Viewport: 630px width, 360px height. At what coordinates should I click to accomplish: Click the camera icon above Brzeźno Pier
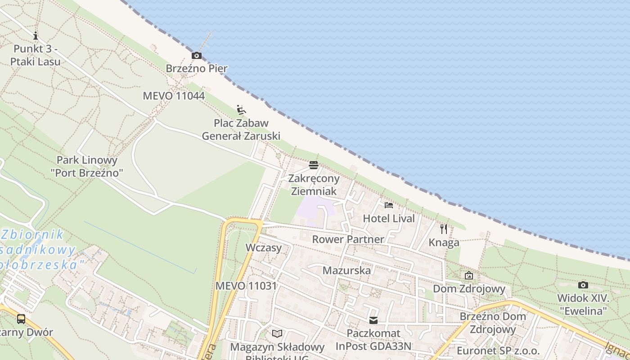point(197,56)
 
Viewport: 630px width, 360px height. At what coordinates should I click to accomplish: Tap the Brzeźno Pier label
point(197,69)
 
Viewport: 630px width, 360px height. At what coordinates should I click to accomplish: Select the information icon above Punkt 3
point(36,36)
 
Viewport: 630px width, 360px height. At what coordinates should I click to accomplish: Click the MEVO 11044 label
point(174,96)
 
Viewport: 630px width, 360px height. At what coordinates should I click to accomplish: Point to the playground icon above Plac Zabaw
point(241,109)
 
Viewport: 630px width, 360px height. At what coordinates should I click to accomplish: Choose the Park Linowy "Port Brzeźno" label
point(87,166)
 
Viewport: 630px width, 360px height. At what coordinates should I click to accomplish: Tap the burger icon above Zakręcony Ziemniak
point(314,165)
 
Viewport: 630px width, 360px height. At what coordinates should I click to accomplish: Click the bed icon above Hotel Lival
point(389,205)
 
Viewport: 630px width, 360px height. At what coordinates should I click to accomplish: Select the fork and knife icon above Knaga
point(444,229)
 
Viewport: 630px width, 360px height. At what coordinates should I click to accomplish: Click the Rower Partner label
point(348,239)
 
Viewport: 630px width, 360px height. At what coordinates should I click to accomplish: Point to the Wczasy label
point(264,247)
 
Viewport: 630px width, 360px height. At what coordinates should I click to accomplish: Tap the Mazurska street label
point(346,270)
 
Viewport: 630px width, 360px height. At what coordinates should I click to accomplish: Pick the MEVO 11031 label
point(246,286)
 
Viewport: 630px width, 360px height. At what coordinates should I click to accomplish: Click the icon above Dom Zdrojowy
point(469,275)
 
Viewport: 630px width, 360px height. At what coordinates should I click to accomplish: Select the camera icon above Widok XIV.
point(583,285)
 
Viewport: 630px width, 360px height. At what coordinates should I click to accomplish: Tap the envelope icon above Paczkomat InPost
point(373,320)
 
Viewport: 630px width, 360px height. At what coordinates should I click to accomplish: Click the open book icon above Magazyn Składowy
point(277,333)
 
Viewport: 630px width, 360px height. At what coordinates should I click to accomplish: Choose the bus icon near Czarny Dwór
point(21,319)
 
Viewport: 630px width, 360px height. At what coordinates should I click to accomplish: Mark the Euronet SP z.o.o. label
point(498,351)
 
